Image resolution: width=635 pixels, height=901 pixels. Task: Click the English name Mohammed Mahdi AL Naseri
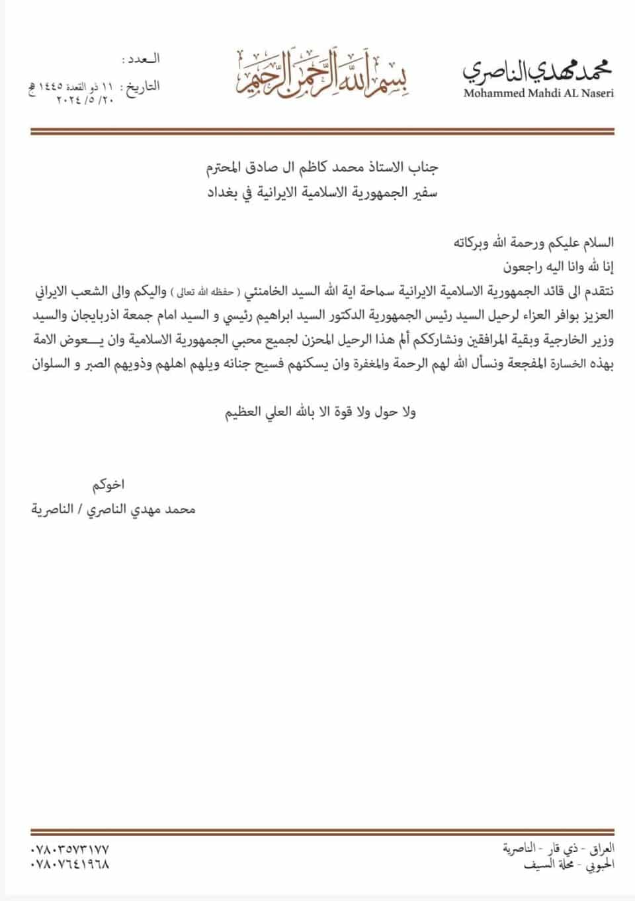[x=538, y=93]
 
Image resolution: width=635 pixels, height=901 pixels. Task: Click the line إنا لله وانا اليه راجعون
[x=560, y=267]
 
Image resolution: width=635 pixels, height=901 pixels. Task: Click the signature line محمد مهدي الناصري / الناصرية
[x=114, y=510]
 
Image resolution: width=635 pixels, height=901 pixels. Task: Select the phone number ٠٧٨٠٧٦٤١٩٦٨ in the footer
[x=69, y=864]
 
